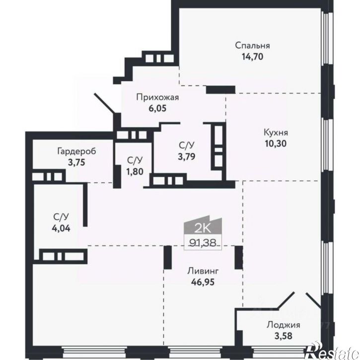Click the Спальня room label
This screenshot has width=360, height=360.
point(252,46)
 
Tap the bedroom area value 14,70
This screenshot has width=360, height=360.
point(252,57)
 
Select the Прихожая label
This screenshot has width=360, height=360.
point(157,98)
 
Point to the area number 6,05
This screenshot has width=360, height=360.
point(157,108)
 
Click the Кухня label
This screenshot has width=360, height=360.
point(276,133)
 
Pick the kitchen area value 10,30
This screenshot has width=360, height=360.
point(276,144)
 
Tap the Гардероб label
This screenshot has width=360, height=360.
point(76,151)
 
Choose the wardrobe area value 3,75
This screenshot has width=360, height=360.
point(76,162)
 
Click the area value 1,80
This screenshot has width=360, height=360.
point(135,171)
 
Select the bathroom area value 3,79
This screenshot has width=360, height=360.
point(187,156)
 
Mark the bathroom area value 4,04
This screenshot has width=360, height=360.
point(62,228)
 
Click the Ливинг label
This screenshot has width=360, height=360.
point(203,271)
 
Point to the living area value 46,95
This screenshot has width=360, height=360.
point(203,282)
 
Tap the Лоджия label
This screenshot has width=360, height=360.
point(284,325)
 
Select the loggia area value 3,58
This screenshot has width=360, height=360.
point(284,336)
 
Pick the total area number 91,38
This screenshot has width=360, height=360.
point(203,242)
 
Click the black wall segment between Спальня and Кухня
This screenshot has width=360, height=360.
point(220,89)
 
